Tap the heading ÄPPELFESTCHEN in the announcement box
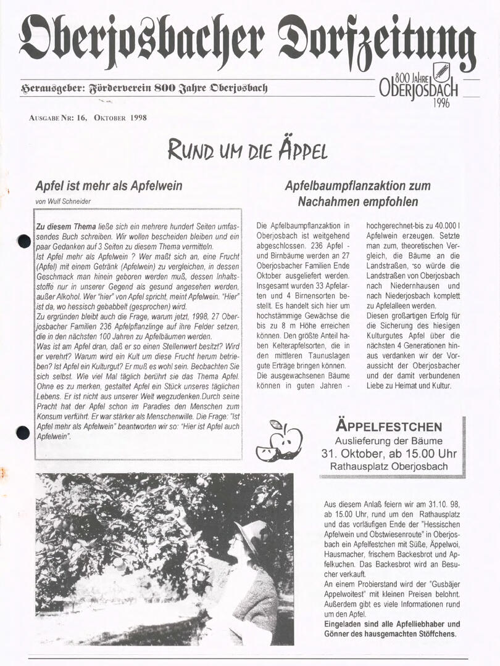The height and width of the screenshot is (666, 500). click(x=389, y=426)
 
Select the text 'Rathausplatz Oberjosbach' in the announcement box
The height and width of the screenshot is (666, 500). click(x=389, y=466)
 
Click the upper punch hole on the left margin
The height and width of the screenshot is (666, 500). click(x=24, y=241)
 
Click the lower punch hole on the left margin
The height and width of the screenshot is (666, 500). click(x=23, y=432)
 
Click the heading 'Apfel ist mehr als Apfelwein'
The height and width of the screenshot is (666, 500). click(x=109, y=186)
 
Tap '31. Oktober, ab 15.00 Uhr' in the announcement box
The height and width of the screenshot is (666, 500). click(x=389, y=453)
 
